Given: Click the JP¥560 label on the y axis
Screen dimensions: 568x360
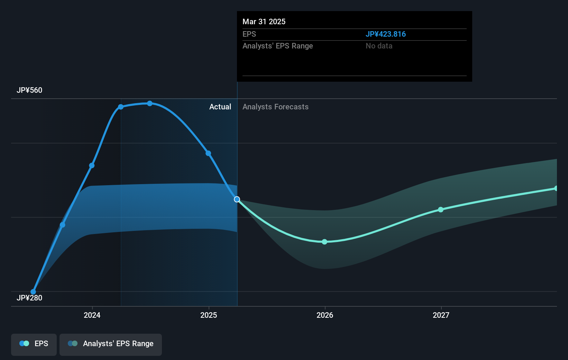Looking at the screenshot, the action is point(29,90).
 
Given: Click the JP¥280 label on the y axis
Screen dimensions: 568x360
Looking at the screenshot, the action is point(29,298).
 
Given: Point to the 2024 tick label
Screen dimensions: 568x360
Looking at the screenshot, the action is point(92,315).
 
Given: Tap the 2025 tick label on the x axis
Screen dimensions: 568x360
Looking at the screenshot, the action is point(209,315).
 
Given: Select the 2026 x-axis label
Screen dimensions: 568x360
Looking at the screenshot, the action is point(325,315).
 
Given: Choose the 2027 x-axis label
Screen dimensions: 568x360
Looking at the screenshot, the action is point(441,315).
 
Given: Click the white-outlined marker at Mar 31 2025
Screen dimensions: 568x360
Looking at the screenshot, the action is point(237,199).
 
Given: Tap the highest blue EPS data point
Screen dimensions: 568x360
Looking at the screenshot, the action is point(150,103).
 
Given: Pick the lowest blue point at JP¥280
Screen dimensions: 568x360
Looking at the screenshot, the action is point(33,292).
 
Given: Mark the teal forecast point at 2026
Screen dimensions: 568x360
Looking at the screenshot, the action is point(324,242).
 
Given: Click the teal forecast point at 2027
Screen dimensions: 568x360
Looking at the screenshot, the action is point(441,209).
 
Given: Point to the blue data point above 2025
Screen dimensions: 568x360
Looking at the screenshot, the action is point(208,153).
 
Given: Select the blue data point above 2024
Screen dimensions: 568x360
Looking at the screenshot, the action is point(92,166).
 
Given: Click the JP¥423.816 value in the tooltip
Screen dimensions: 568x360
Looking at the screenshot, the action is point(385,34).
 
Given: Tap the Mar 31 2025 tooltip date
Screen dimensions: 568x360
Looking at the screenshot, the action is point(264,21).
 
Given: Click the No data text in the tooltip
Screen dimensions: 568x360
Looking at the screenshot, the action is point(379,46).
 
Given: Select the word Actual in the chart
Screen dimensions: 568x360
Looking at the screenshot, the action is point(220,107).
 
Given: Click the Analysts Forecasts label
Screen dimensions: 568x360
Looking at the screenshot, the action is point(275,107).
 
